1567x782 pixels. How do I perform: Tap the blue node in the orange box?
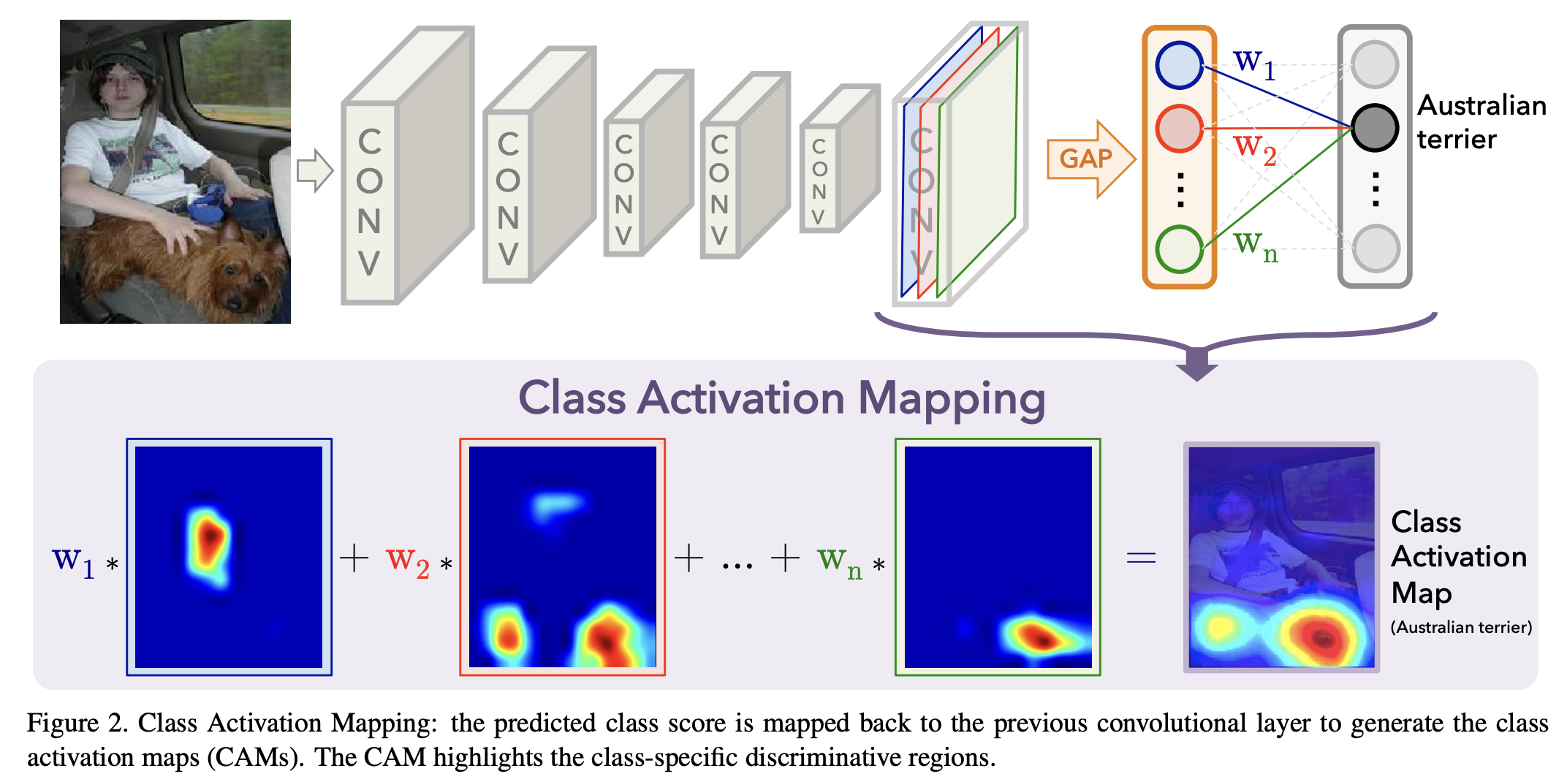1179,65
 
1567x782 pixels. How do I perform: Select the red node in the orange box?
1179,128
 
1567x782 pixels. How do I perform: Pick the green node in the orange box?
1179,248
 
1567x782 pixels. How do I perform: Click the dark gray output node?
1374,128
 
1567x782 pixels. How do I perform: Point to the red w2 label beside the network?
1254,149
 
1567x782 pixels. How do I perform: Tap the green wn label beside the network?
1255,246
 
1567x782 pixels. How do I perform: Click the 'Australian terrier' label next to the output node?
1481,122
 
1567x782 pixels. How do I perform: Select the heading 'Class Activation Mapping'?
781,399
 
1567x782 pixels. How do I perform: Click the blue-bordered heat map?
229,557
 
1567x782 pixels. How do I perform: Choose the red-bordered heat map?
562,557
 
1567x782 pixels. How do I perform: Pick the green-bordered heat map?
998,557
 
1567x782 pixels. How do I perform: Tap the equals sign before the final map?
1141,559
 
